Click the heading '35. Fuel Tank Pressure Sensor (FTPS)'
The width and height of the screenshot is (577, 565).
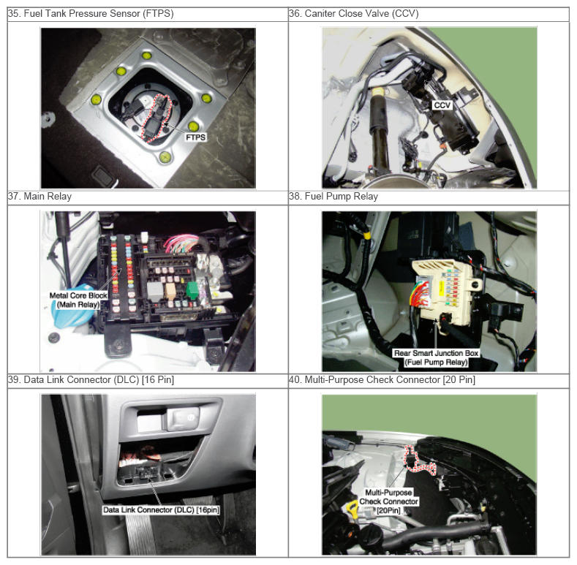[x=91, y=14]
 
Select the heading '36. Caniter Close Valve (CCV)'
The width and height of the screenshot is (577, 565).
[x=354, y=14]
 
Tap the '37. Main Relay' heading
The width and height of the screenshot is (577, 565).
[x=39, y=197]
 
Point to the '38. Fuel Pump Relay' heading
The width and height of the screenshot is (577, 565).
[x=333, y=197]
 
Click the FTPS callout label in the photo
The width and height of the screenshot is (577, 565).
[x=195, y=137]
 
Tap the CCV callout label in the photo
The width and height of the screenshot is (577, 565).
[x=442, y=105]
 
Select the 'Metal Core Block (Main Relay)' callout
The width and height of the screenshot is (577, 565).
[x=78, y=300]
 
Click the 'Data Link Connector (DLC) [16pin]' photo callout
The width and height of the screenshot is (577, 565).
[x=161, y=510]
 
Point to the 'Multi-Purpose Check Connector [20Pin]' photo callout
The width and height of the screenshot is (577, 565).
[x=388, y=501]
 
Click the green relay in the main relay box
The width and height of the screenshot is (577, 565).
[x=192, y=290]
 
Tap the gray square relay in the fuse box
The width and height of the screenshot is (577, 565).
[x=154, y=292]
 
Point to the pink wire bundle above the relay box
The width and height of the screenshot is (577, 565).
[x=181, y=244]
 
